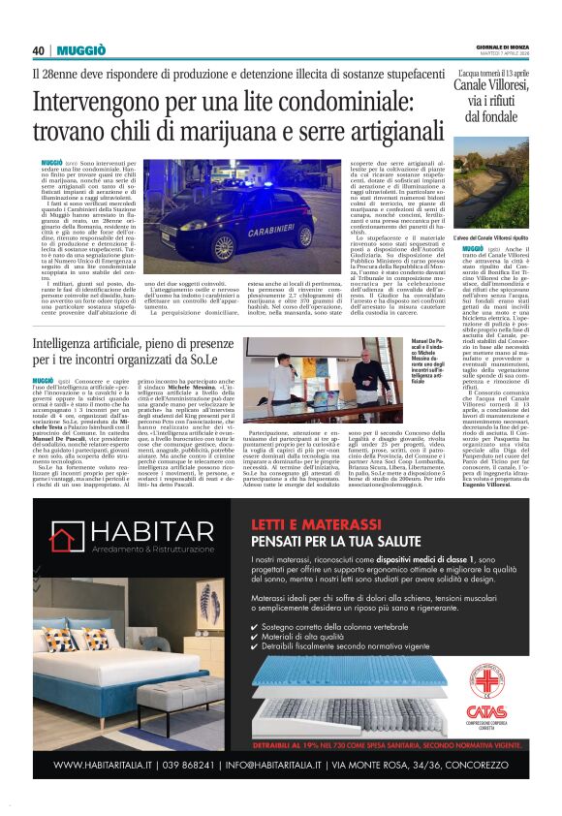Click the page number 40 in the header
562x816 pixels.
click(39, 49)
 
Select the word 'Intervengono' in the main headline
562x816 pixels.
click(93, 101)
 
